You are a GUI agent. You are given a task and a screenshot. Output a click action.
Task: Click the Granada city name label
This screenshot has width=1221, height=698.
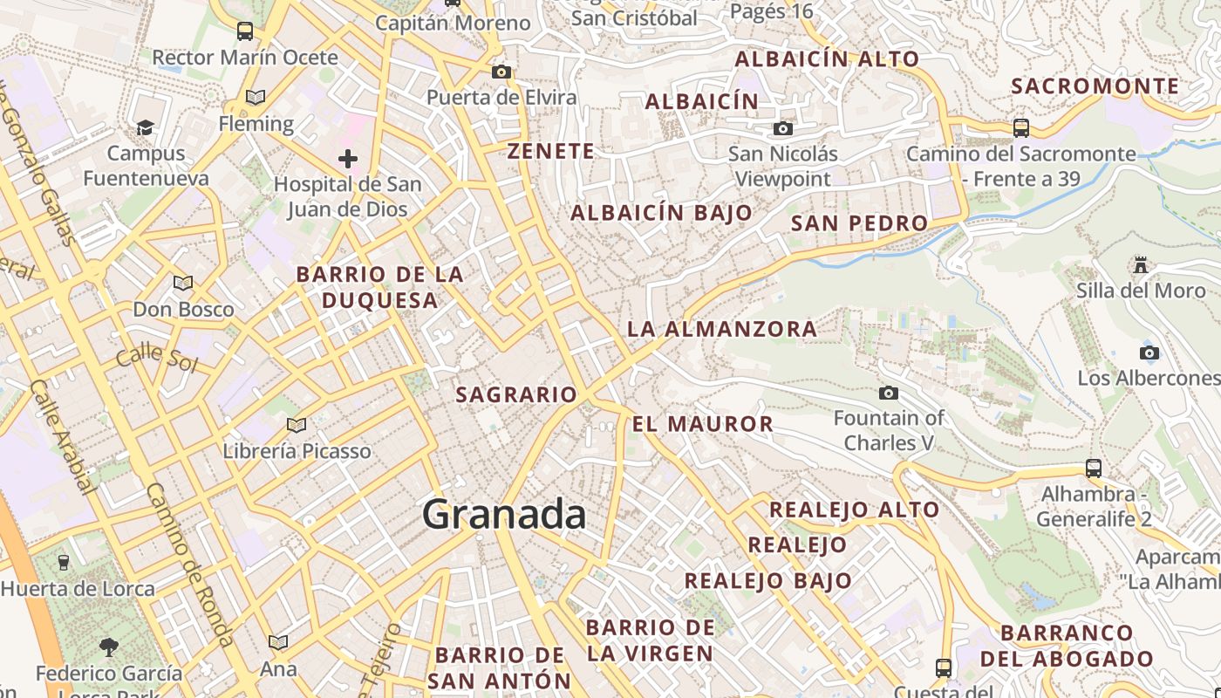(x=504, y=515)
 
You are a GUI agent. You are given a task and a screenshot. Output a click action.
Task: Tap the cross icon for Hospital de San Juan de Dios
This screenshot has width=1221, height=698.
(x=348, y=159)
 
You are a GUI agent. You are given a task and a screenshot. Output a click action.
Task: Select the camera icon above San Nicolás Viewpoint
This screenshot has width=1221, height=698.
(x=783, y=129)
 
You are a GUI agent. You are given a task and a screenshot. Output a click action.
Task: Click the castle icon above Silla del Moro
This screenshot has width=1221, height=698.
(x=1140, y=263)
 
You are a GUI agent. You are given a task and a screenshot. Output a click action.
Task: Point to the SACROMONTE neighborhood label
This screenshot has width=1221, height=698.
(x=1095, y=86)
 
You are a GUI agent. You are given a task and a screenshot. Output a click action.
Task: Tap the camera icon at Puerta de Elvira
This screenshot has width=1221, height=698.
(x=501, y=72)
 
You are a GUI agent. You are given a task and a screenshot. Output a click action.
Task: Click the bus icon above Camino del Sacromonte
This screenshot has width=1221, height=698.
(x=1021, y=128)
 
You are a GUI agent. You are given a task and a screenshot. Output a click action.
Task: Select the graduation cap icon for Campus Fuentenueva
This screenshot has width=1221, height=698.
(x=145, y=128)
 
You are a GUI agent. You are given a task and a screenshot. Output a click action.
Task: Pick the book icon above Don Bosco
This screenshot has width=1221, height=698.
(x=183, y=283)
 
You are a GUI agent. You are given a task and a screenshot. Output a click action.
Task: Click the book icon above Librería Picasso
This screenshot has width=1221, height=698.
(x=297, y=425)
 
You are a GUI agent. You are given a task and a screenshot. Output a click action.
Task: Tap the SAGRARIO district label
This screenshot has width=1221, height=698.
(x=516, y=394)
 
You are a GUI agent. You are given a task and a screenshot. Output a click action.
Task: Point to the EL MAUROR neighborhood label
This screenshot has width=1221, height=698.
(x=703, y=425)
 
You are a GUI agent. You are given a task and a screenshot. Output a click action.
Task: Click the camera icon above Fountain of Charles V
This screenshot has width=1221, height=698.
(x=889, y=393)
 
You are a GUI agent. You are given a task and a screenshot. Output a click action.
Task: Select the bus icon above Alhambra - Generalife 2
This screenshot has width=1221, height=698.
(x=1094, y=469)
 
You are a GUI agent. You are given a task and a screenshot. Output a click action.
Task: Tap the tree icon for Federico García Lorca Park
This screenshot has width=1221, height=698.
(x=109, y=647)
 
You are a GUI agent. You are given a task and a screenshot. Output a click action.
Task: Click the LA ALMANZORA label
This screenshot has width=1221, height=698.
(x=722, y=329)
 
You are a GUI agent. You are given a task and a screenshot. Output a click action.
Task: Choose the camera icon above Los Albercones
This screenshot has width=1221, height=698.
(x=1149, y=352)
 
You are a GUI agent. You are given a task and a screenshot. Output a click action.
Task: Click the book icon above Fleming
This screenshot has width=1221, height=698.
(x=256, y=98)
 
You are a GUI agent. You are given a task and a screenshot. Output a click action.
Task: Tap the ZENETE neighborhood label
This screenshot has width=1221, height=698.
(x=551, y=151)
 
